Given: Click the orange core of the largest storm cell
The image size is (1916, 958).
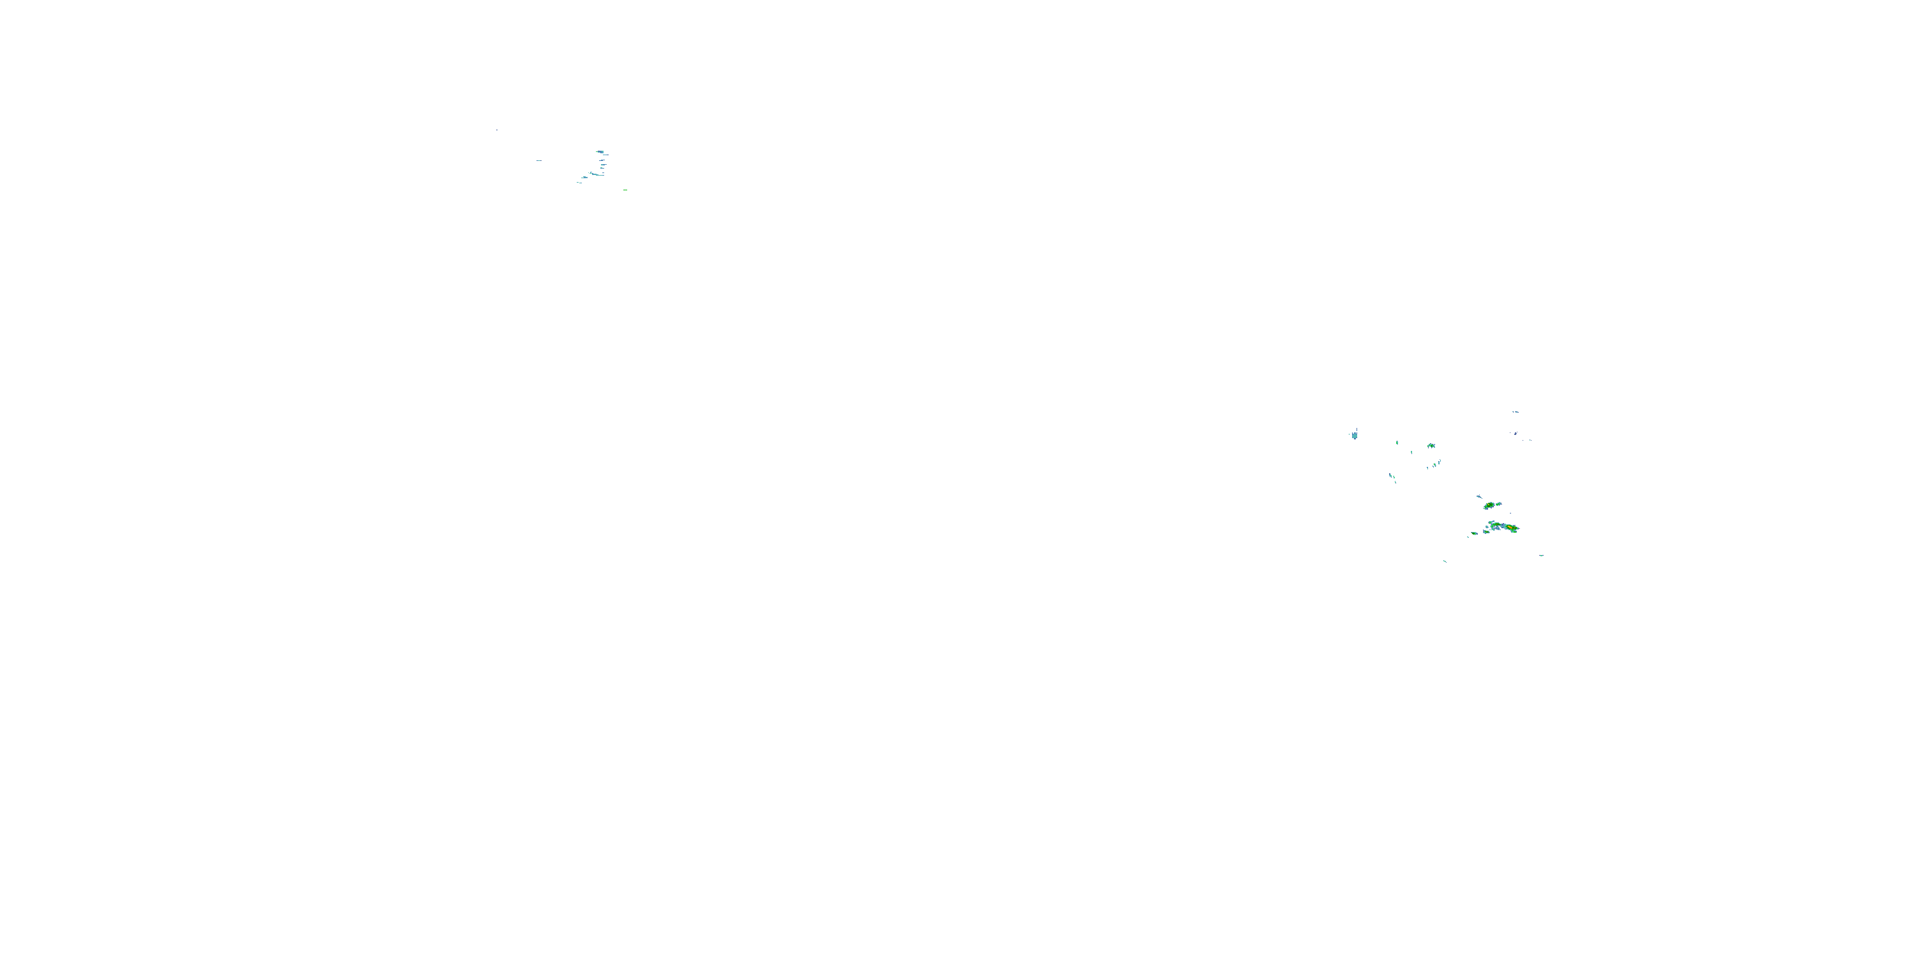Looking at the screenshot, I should (1510, 528).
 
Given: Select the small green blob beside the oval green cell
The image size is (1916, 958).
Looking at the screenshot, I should (1499, 505).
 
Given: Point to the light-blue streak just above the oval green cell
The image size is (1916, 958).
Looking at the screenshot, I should (1479, 497).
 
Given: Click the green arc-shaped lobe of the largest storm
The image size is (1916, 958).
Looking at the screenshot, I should (1496, 525).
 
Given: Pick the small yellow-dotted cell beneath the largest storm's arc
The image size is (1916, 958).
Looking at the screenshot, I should (1487, 532).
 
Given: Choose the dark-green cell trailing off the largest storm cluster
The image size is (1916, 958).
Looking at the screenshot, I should (1474, 534).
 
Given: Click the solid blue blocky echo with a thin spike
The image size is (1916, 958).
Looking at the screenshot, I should (1355, 436).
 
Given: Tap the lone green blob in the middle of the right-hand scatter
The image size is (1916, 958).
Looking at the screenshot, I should (1431, 446).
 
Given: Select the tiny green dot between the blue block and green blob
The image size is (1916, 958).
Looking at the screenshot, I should (1397, 443).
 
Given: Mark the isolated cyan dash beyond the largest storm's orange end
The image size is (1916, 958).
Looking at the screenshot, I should (1541, 556).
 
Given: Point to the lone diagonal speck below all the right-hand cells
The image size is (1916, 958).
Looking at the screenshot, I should (1445, 561).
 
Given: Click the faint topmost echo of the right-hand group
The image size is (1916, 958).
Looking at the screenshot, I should (1516, 413).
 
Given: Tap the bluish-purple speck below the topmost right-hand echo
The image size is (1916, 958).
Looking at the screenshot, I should (1515, 434).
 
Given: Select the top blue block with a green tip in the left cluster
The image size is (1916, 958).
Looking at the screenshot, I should (601, 152).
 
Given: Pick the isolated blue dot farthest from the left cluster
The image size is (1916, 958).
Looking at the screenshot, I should (498, 130).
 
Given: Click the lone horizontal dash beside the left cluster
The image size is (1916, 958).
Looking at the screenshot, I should (539, 161).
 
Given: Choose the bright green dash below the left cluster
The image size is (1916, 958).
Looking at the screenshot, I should (625, 190).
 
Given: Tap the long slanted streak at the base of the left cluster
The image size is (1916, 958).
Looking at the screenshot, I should (597, 175).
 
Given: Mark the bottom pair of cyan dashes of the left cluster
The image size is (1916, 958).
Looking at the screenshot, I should (579, 183).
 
